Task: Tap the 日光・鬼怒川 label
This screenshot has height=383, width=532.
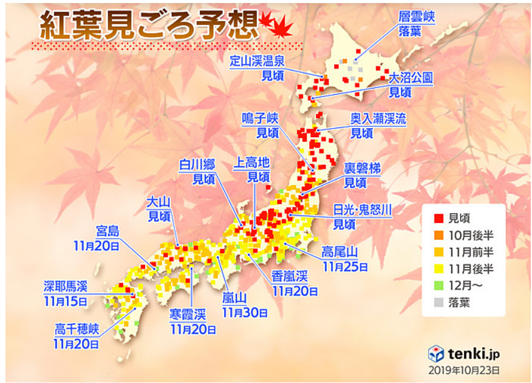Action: click(x=363, y=210)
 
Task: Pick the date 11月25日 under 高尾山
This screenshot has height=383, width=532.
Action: click(x=344, y=265)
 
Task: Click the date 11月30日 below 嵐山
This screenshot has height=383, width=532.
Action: click(x=245, y=312)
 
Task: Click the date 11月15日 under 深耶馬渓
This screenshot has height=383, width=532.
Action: click(x=65, y=300)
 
